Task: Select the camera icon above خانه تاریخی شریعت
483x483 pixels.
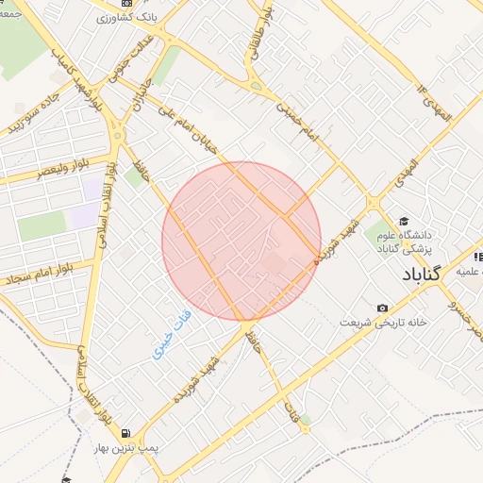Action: [x=382, y=308]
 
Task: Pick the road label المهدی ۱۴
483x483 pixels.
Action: [x=434, y=101]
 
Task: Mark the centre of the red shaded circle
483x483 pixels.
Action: [x=241, y=241]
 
